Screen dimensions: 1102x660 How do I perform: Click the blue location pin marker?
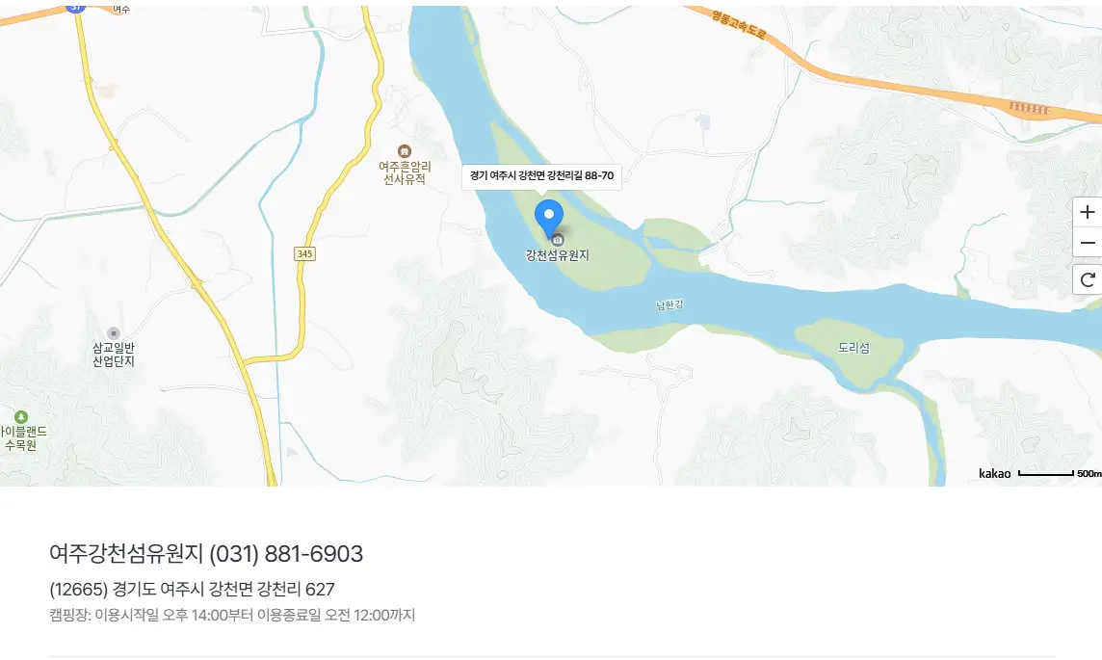[x=549, y=217]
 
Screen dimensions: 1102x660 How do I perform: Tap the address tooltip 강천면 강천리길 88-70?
[x=541, y=176]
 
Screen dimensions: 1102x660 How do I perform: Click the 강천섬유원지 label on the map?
[x=557, y=255]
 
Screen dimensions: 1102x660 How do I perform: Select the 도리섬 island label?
[x=853, y=348]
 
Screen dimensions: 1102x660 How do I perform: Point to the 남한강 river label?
[x=669, y=305]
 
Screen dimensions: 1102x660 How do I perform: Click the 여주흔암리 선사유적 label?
[x=405, y=172]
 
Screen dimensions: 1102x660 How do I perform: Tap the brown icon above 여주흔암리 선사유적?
[x=405, y=151]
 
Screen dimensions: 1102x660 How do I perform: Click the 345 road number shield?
[x=304, y=253]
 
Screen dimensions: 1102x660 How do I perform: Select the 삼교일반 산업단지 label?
[x=114, y=354]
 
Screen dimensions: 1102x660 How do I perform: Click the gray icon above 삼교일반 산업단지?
[x=114, y=332]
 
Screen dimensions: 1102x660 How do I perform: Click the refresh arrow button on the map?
[x=1089, y=280]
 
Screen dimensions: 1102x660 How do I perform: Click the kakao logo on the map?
[x=995, y=473]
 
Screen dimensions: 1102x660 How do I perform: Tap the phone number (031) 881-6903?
[x=286, y=554]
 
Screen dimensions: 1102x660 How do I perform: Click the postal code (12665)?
[x=78, y=590]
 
